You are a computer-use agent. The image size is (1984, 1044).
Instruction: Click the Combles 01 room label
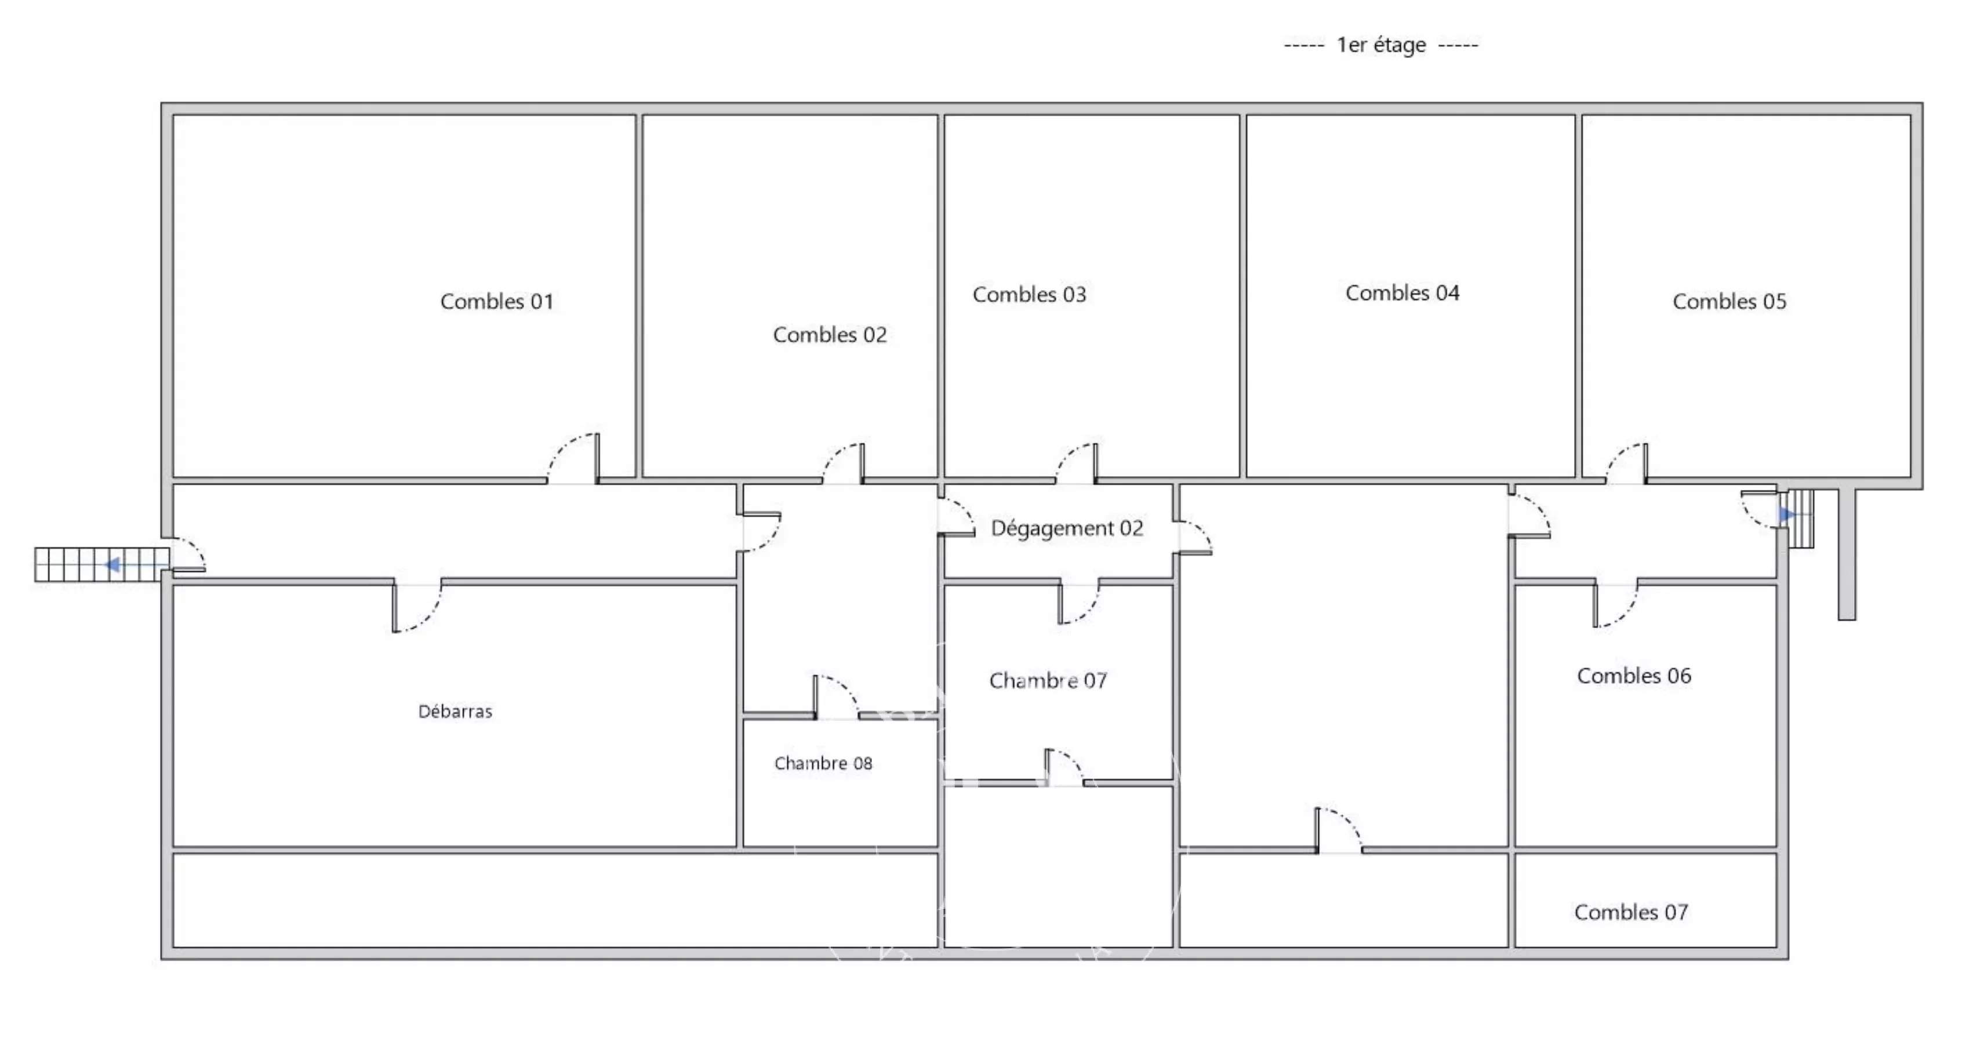click(x=497, y=301)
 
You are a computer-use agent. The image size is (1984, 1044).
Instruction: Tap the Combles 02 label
click(x=830, y=335)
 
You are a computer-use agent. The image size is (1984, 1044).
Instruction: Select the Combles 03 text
click(x=1029, y=294)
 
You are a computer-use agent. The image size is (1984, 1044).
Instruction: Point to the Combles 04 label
click(x=1402, y=293)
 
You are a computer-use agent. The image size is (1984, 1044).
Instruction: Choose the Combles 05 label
click(x=1729, y=301)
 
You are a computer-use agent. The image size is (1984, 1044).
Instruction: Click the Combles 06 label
click(x=1634, y=676)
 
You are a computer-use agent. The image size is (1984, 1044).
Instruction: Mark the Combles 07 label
click(x=1630, y=912)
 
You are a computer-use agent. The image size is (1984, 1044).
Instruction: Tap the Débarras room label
click(x=455, y=711)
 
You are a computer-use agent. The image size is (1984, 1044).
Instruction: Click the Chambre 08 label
click(x=823, y=763)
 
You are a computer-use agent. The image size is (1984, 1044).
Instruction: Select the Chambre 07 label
click(x=1048, y=680)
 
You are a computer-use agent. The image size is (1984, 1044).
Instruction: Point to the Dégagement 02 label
click(x=1067, y=528)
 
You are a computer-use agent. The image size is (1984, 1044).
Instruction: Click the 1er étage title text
click(x=1381, y=45)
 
